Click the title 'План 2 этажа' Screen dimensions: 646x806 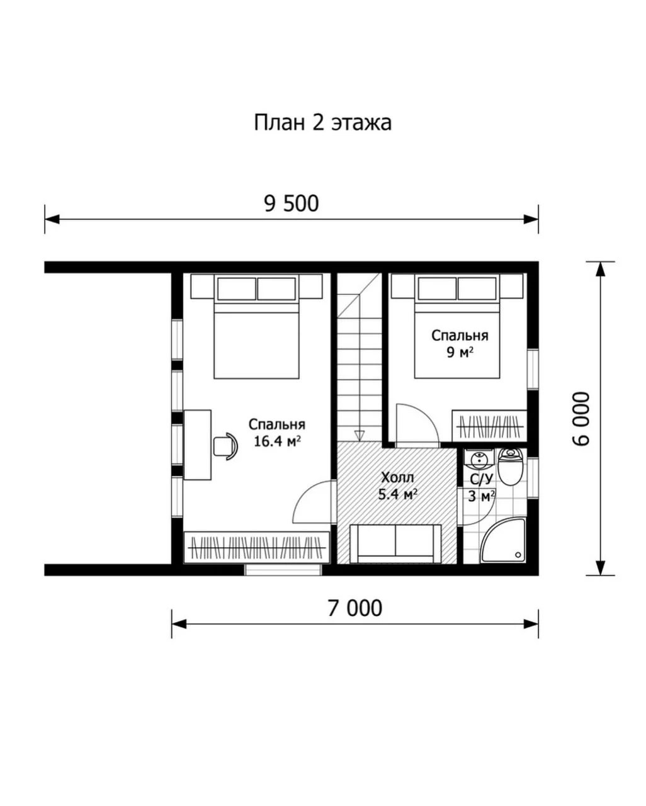322,123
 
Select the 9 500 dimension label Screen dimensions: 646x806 292,204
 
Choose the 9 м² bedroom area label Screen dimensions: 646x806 460,344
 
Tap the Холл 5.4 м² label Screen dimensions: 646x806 397,486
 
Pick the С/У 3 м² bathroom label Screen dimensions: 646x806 482,487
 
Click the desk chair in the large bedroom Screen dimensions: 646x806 225,446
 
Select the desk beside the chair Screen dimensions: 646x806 197,445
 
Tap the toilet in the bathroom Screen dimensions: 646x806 509,467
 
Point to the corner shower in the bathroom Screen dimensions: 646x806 503,540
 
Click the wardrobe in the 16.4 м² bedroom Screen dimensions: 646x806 257,547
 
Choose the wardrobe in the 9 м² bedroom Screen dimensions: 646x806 489,426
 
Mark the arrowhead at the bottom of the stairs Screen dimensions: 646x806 360,436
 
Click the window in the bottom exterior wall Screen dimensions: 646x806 283,570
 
